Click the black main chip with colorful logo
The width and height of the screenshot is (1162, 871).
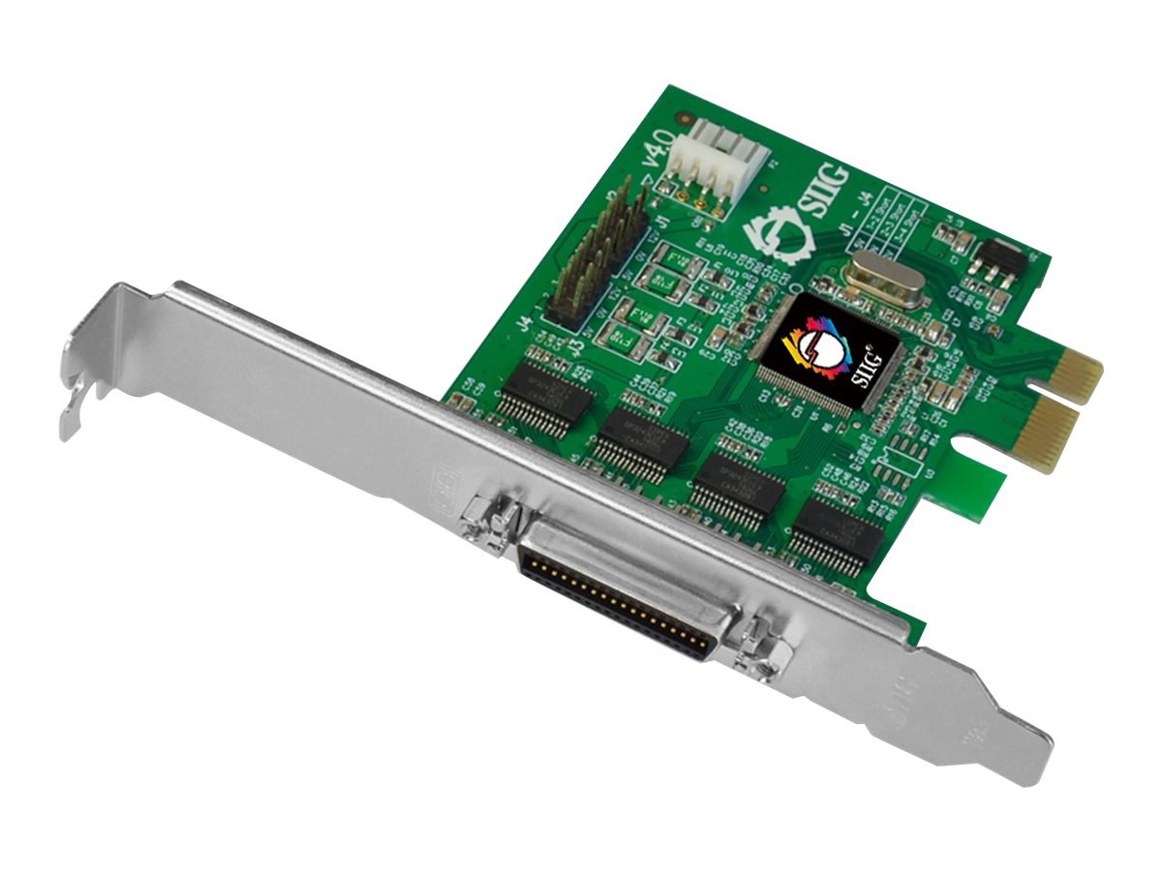pos(829,353)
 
